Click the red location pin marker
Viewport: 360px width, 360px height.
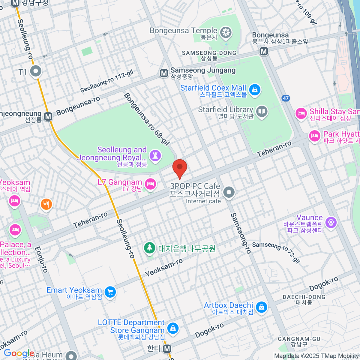[x=180, y=167]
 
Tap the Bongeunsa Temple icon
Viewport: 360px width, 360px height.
[x=226, y=32]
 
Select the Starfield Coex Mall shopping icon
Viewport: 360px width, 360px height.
[x=254, y=90]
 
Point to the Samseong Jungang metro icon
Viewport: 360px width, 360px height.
[x=164, y=73]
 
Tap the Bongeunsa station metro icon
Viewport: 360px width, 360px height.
[x=264, y=51]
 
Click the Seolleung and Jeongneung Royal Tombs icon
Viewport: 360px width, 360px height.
[x=155, y=155]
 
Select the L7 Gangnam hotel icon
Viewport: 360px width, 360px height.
[x=150, y=184]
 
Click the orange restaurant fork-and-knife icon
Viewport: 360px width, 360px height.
[x=46, y=205]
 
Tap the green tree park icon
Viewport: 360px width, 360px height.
[x=149, y=248]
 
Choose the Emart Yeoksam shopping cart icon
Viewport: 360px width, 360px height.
[x=110, y=292]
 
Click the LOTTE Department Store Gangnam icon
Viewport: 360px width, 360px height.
[x=173, y=328]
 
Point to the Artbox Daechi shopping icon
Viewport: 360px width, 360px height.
[x=261, y=307]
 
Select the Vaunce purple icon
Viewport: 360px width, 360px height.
[x=331, y=222]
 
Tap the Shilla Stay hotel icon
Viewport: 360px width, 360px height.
[x=301, y=113]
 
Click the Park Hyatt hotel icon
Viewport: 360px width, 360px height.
[x=314, y=136]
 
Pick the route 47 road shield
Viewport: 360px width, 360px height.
[x=286, y=98]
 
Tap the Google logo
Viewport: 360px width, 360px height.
[x=19, y=354]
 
